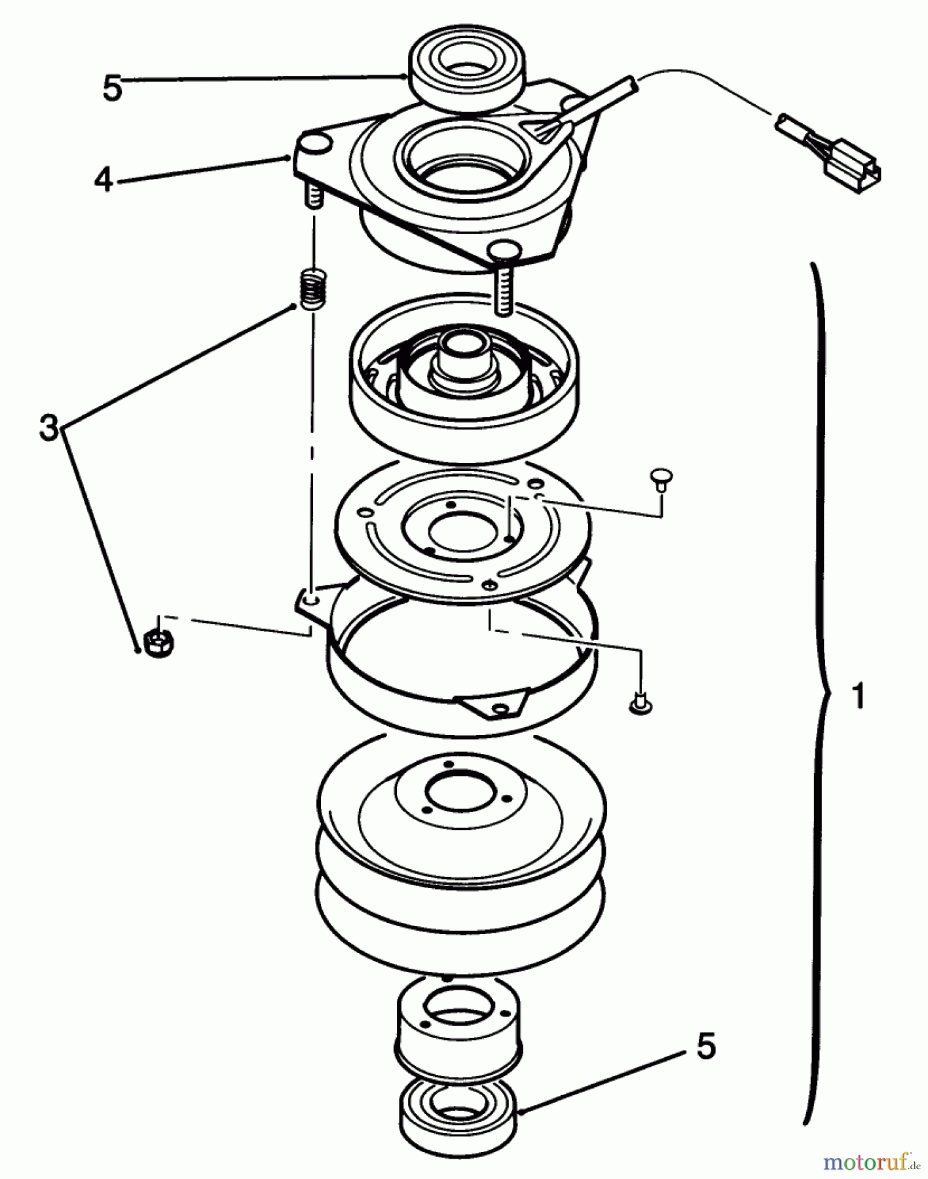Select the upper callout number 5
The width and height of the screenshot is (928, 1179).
(112, 88)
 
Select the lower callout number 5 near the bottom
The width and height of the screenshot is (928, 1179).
(706, 1046)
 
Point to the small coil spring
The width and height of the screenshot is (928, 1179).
(314, 289)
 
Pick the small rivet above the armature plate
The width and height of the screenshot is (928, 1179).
(660, 477)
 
